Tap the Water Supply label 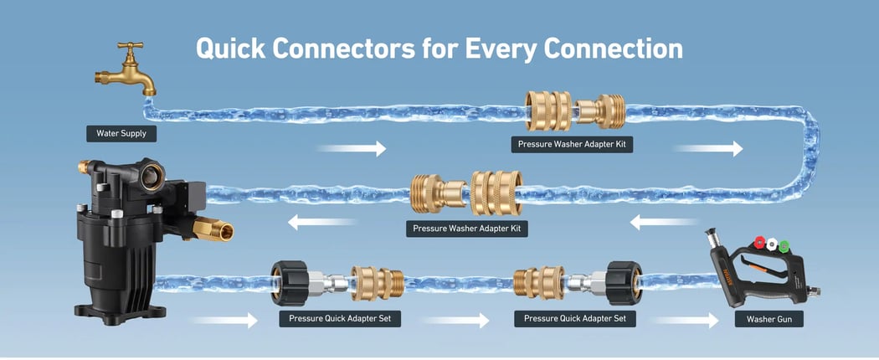(x=121, y=133)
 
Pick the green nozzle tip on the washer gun (x=784, y=245)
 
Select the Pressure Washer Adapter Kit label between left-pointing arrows (x=470, y=228)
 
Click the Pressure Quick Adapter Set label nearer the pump (x=339, y=319)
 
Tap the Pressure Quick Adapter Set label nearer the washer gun (x=575, y=319)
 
